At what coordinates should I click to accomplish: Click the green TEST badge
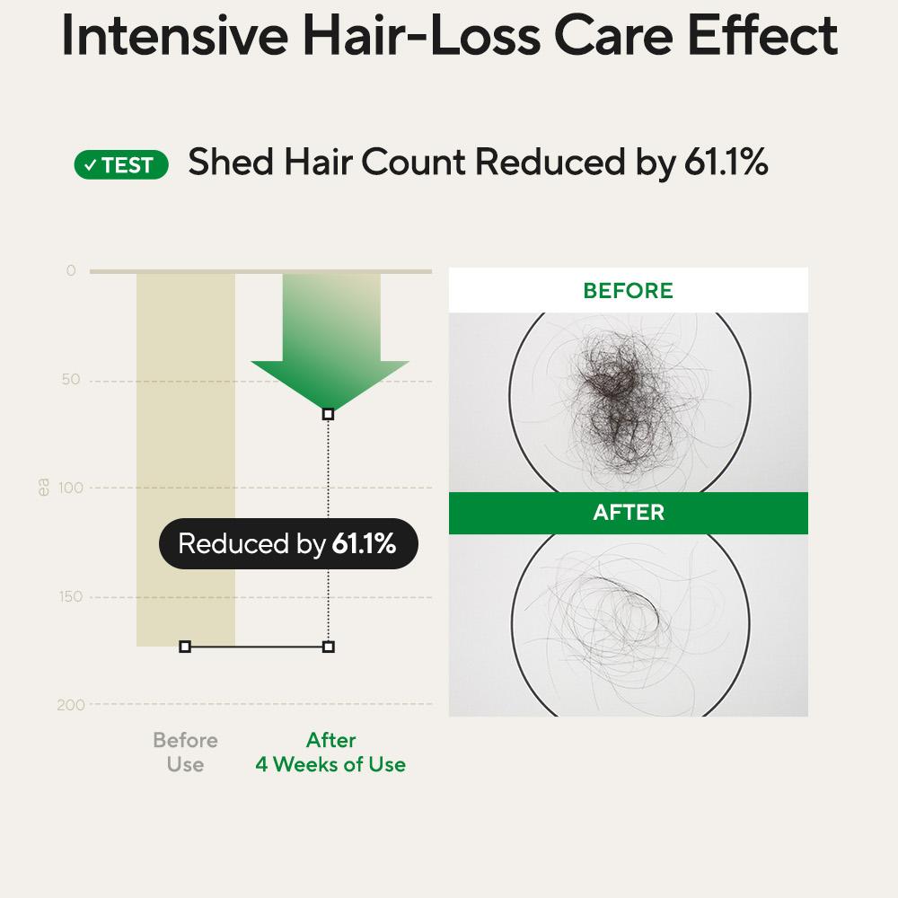pos(121,165)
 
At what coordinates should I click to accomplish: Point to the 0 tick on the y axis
pos(71,270)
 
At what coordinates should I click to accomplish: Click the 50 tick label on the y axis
pos(71,379)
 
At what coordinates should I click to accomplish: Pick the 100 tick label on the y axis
pos(71,488)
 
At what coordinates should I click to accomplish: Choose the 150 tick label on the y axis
pos(71,597)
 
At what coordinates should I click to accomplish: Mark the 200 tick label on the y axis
pos(71,705)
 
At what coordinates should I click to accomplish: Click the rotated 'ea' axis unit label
pos(43,488)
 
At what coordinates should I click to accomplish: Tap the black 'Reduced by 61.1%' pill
pos(288,543)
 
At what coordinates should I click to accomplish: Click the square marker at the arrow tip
pos(328,413)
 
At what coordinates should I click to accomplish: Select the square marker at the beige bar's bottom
pos(185,647)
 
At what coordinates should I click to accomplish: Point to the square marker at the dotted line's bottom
pos(329,647)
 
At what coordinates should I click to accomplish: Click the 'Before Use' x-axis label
pos(186,752)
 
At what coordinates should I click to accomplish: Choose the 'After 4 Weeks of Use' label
pos(330,752)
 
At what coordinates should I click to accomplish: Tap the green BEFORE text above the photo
pos(629,290)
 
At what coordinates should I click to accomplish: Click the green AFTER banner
pos(629,513)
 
